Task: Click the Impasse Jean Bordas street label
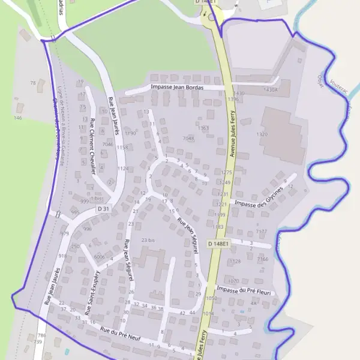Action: tap(178, 88)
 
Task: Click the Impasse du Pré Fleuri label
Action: tap(244, 290)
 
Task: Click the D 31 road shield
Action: tap(104, 209)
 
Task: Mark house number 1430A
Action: tap(271, 90)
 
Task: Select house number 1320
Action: tap(262, 134)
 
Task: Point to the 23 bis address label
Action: tap(148, 240)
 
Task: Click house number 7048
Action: tap(188, 139)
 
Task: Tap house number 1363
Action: tap(203, 128)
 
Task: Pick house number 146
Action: tap(17, 118)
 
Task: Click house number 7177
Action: tap(262, 231)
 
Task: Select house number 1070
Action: tap(233, 281)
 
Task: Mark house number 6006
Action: tap(100, 257)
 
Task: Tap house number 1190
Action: tap(130, 133)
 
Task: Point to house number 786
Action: tap(41, 335)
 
